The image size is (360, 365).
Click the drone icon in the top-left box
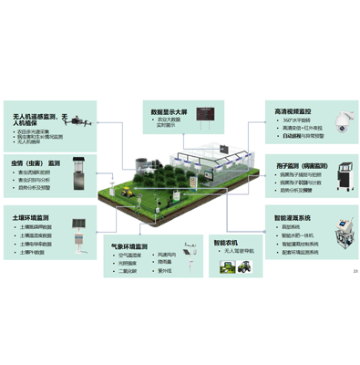point(80,119)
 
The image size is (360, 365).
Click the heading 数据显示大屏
point(170,112)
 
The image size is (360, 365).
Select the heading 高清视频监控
point(292,111)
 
